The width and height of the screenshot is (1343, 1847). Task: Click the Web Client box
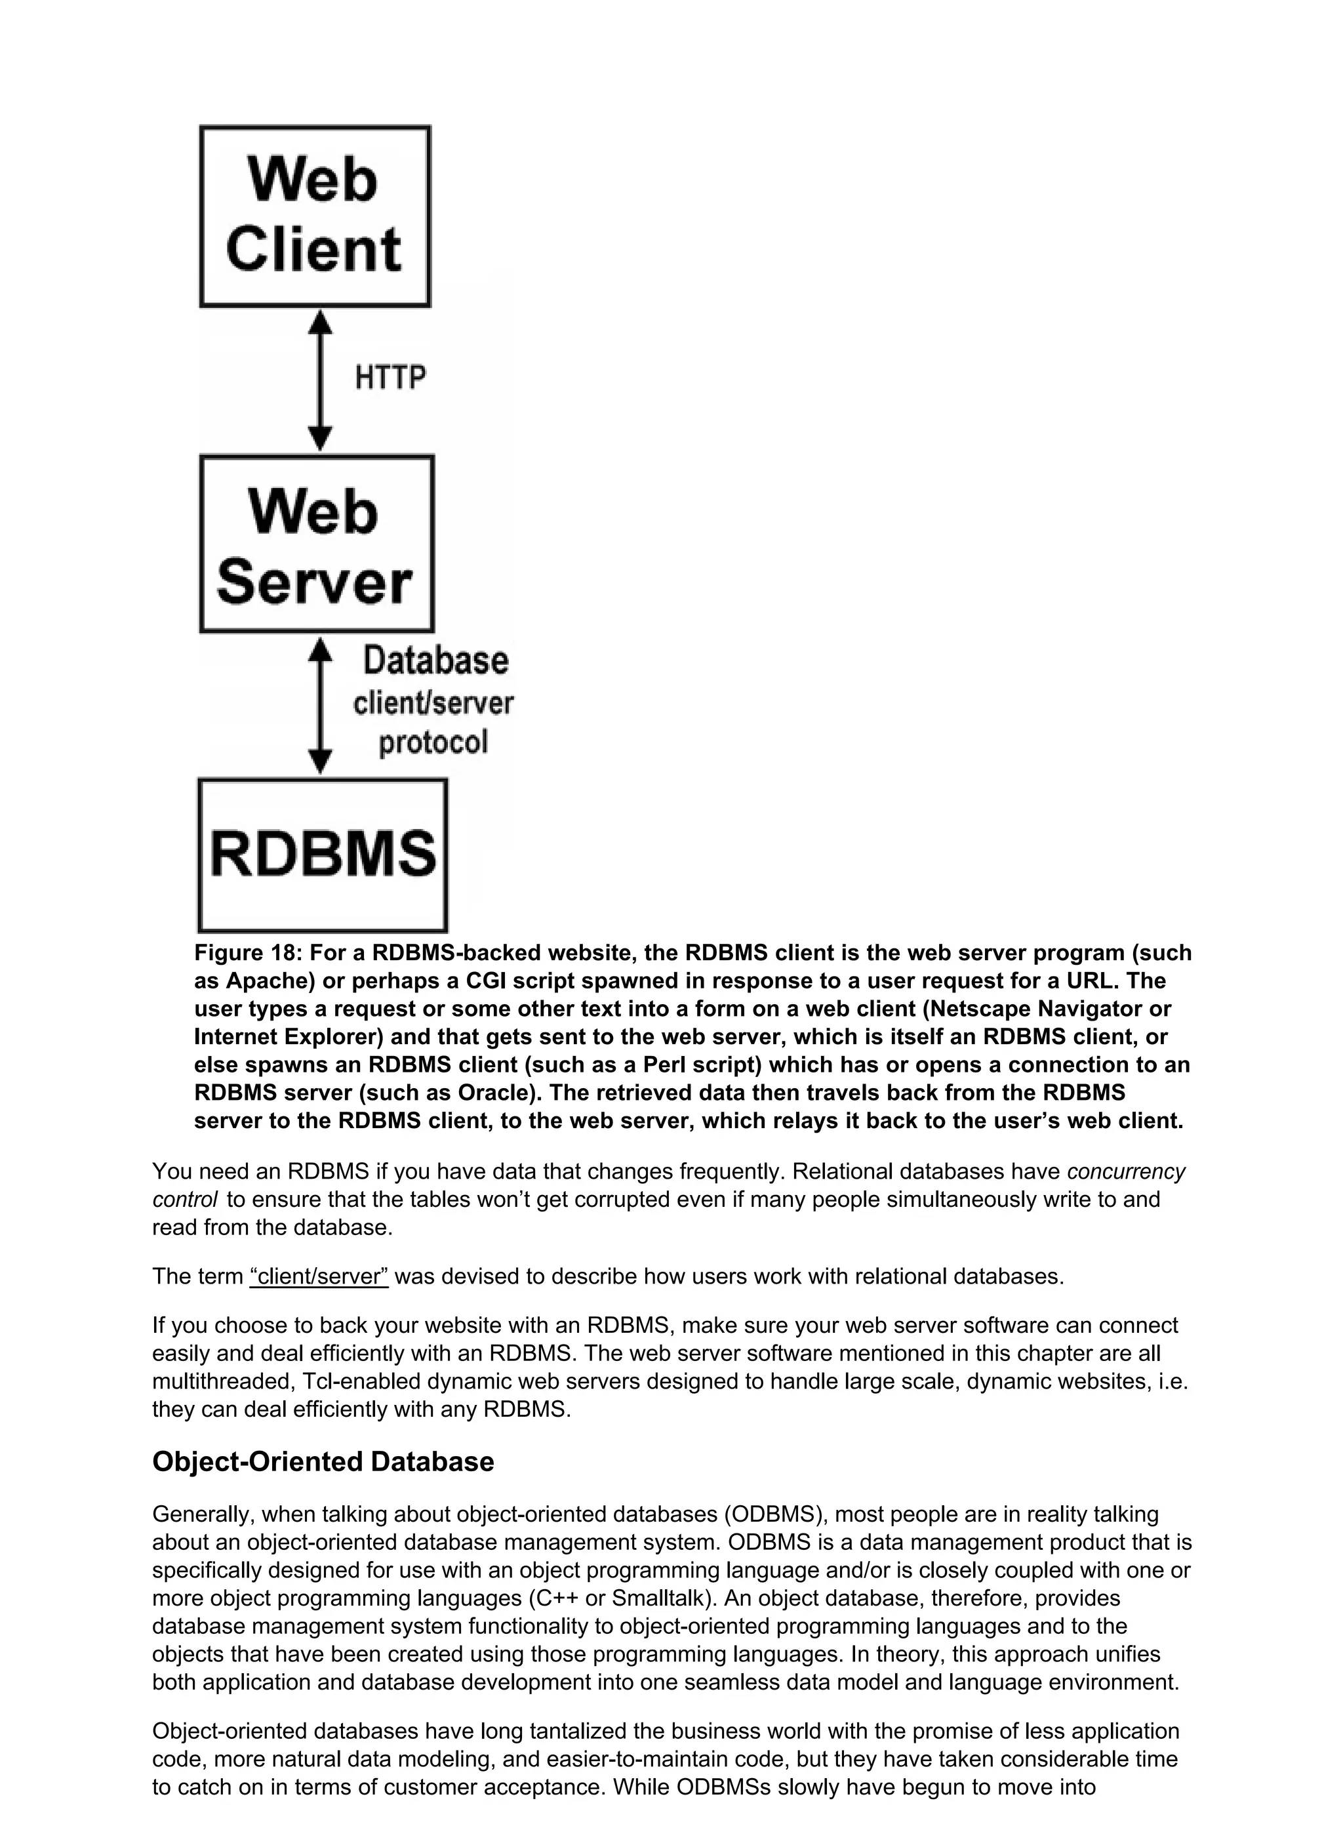[315, 216]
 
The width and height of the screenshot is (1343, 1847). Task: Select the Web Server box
[317, 544]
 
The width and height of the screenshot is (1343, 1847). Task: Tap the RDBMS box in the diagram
[323, 855]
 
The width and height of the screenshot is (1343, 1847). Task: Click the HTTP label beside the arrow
[390, 378]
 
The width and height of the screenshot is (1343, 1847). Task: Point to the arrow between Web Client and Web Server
[321, 380]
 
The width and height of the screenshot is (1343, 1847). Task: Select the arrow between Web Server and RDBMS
[321, 705]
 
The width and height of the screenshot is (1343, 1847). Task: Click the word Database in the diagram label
[435, 660]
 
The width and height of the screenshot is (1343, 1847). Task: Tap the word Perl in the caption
[664, 1065]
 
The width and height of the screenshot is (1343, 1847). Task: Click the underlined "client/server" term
[319, 1276]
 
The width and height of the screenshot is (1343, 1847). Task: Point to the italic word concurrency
[1125, 1172]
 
